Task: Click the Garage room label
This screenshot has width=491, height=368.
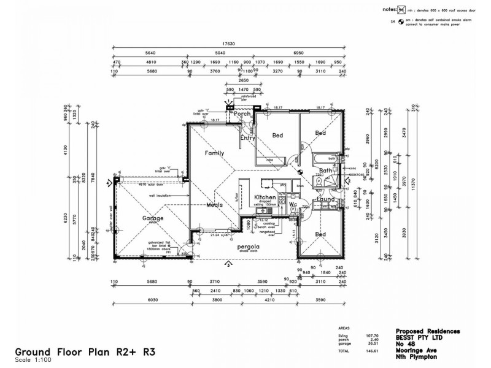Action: click(x=153, y=218)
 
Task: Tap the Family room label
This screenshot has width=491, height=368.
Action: click(x=214, y=153)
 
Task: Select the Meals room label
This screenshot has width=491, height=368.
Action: click(x=214, y=205)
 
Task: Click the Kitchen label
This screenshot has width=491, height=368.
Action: click(x=265, y=197)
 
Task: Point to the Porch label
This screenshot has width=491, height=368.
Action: click(x=243, y=114)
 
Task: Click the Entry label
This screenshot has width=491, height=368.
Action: click(x=247, y=138)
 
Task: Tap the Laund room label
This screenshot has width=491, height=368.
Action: click(x=326, y=199)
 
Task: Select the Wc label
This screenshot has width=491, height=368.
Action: click(x=293, y=205)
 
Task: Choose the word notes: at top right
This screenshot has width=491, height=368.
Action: click(x=389, y=9)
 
